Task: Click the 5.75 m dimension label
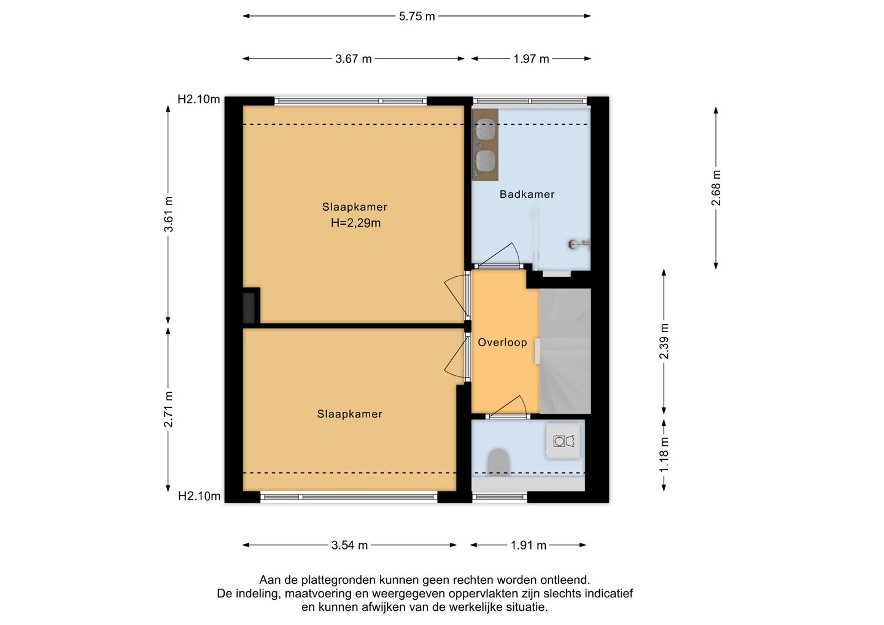point(417,17)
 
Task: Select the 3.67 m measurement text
point(353,59)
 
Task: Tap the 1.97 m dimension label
point(531,59)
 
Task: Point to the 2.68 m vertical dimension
point(716,188)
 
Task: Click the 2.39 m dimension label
point(664,341)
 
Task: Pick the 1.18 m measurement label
point(664,454)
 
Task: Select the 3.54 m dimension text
point(349,545)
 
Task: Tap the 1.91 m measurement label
point(529,545)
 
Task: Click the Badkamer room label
point(527,194)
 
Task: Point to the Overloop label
point(502,343)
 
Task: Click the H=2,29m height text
point(355,223)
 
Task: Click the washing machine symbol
point(563,441)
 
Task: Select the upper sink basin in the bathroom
point(485,129)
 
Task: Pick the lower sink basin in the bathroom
point(485,161)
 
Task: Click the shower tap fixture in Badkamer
point(579,244)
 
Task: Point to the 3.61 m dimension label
point(168,214)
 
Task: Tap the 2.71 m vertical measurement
point(168,409)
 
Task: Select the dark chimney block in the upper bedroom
point(249,308)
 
